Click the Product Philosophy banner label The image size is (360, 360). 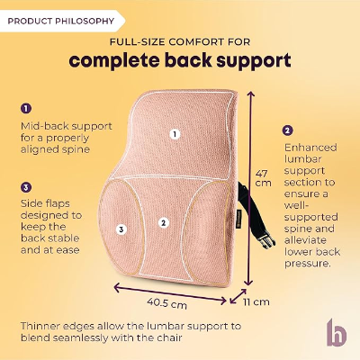tap(61, 22)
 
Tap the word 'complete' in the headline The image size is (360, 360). tap(113, 60)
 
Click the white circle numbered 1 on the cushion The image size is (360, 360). tap(175, 134)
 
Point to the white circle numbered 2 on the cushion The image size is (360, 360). tap(164, 222)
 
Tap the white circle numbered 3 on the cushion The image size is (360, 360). tap(121, 229)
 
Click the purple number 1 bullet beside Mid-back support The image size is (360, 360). tap(26, 108)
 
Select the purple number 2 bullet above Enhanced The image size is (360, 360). tap(287, 130)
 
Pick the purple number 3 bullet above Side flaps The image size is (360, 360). tap(26, 188)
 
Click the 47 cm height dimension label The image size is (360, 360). tap(263, 178)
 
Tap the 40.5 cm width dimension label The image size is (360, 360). tap(166, 303)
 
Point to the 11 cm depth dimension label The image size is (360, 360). tap(256, 301)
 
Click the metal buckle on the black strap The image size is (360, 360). tap(266, 240)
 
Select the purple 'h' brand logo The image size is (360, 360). tap(337, 332)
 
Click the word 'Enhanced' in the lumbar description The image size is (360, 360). tap(310, 148)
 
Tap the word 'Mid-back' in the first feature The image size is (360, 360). tap(41, 126)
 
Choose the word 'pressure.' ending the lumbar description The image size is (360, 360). tap(308, 264)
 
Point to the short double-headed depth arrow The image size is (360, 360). tap(238, 297)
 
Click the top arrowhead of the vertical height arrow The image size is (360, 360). tap(250, 94)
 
